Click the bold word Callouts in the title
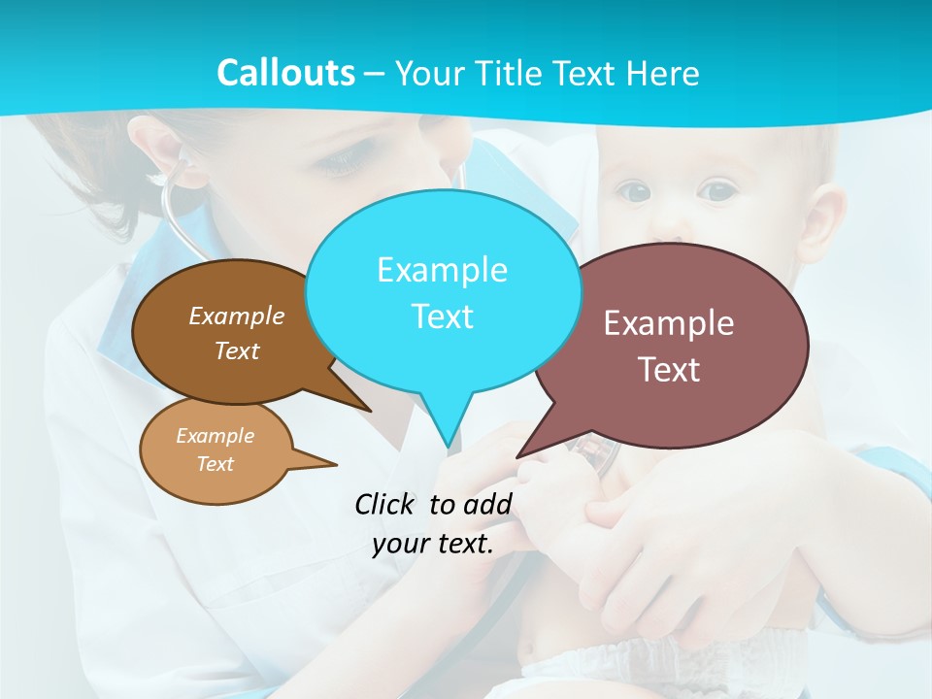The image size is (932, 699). (x=285, y=73)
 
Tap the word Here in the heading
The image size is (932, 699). (x=663, y=73)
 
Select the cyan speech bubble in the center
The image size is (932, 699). (x=443, y=291)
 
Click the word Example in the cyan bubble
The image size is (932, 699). (x=442, y=269)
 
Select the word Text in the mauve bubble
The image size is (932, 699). (x=669, y=370)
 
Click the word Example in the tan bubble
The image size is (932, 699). (x=215, y=436)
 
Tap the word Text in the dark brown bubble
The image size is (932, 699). (x=237, y=350)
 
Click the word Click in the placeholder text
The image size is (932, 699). (x=386, y=504)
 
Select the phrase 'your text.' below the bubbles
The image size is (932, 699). (x=433, y=544)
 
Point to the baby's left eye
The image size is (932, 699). (x=717, y=191)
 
